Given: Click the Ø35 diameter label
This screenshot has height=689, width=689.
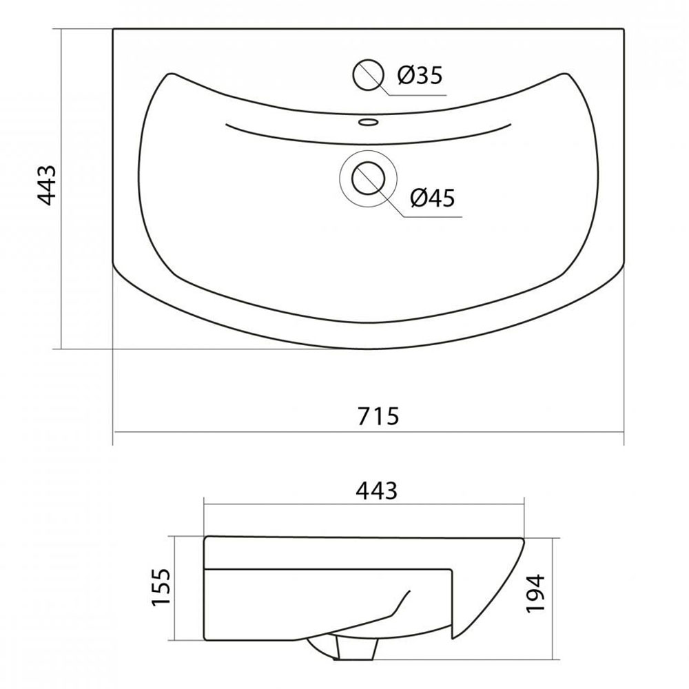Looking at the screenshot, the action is pyautogui.click(x=420, y=76).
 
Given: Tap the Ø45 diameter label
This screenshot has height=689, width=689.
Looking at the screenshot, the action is pyautogui.click(x=433, y=198).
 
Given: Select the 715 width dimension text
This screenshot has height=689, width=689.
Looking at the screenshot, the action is pyautogui.click(x=378, y=416).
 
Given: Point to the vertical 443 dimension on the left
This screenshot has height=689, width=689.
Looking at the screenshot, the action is pyautogui.click(x=47, y=185).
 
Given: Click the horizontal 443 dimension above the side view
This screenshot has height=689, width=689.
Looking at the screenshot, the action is pyautogui.click(x=377, y=491).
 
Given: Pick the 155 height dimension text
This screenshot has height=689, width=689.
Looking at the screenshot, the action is pyautogui.click(x=161, y=587).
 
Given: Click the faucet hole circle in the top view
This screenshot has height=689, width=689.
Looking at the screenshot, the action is pyautogui.click(x=368, y=74).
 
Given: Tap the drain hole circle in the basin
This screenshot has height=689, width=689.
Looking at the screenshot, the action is pyautogui.click(x=368, y=178).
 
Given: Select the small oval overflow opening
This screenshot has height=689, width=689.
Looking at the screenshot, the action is pyautogui.click(x=368, y=122).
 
